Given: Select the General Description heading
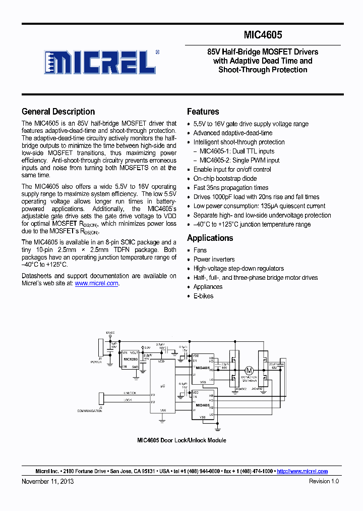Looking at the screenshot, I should tap(58, 112).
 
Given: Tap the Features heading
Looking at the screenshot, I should tap(203, 112).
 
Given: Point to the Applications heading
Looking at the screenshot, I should tap(210, 238).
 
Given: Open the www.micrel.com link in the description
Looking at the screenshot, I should tap(96, 283).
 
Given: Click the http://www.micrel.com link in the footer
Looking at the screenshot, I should tap(302, 471).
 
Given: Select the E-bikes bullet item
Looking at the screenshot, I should tap(203, 296).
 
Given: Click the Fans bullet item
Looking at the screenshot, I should tap(200, 250).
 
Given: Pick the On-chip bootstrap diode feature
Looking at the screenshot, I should tap(225, 178).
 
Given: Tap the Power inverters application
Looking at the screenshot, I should tap(214, 259).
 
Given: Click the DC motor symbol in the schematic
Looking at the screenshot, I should tap(248, 370).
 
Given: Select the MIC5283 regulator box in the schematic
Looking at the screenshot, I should tap(131, 359).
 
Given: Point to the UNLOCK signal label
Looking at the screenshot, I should tap(130, 393).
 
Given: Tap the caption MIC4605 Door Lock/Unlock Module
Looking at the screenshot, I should tap(181, 440).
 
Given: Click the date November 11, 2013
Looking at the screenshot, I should tap(47, 481).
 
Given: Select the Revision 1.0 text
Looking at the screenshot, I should tap(324, 481).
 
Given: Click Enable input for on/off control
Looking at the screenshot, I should tap(232, 169).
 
